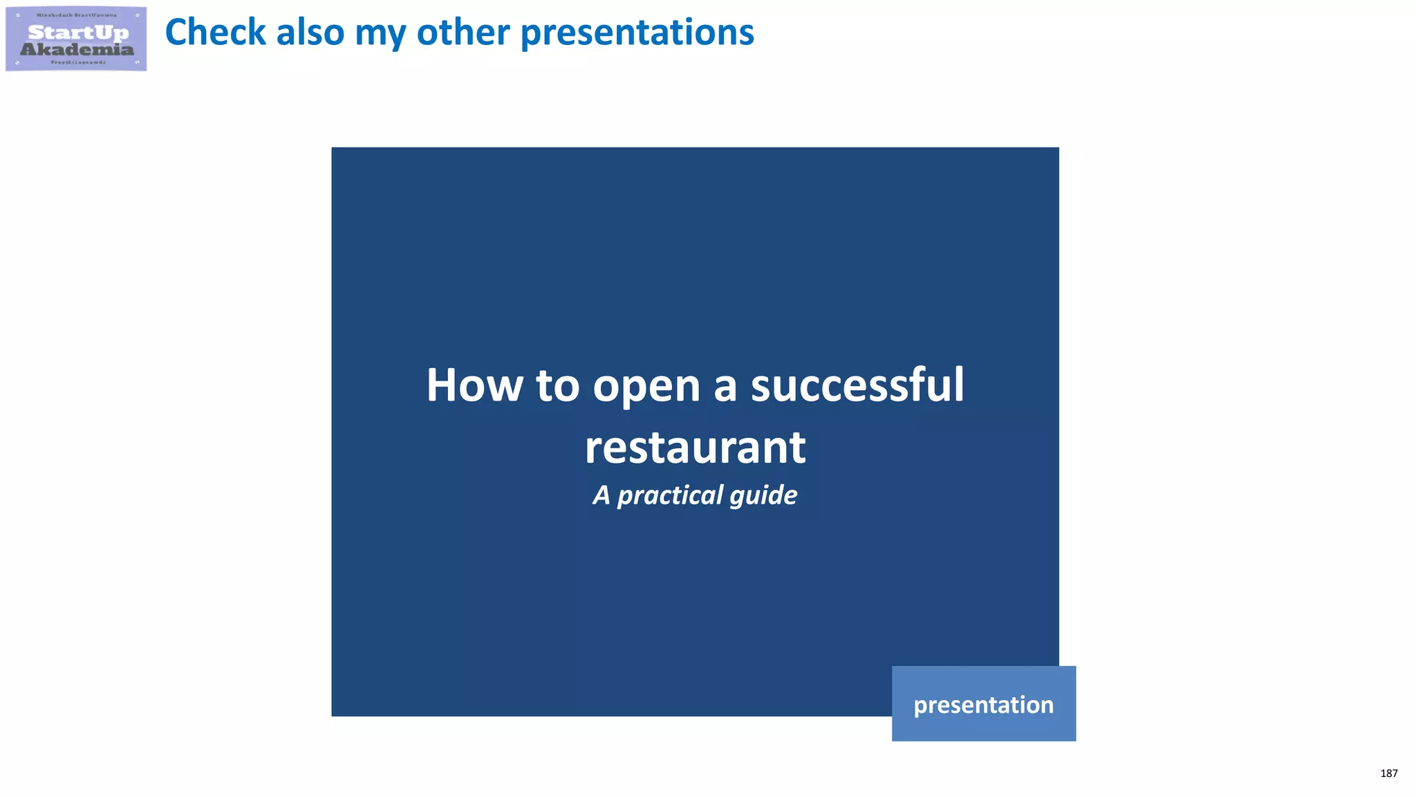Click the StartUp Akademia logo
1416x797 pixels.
76,39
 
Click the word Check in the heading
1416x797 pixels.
215,33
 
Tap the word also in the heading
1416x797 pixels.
309,33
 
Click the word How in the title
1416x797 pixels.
474,385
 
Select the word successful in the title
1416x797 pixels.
857,385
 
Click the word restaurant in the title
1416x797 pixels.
695,448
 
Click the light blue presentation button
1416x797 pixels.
983,704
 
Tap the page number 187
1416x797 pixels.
1388,773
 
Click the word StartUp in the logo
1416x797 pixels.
78,32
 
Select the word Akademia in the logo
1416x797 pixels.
77,49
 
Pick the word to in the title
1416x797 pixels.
557,385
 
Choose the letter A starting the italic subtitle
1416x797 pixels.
602,495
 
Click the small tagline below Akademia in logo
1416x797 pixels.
78,62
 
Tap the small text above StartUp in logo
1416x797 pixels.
77,15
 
